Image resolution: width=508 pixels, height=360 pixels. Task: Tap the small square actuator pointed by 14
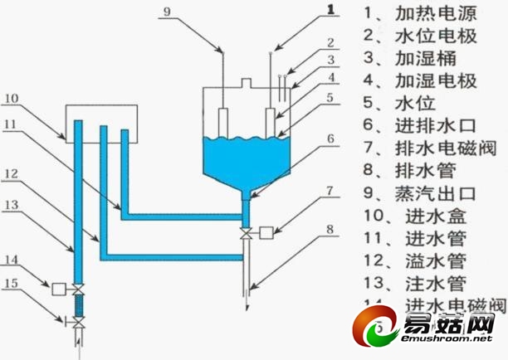click(x=59, y=289)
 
